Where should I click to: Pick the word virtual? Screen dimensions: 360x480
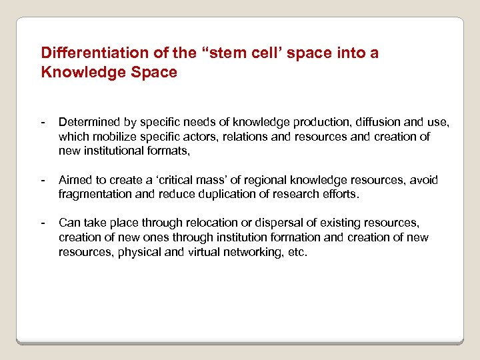[x=218, y=253]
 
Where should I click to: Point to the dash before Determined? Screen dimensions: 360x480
[x=43, y=122]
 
